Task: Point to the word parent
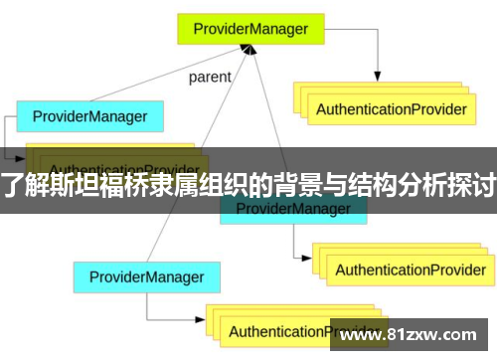point(209,77)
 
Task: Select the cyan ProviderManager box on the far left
point(89,116)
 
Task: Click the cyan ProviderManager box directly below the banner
point(292,209)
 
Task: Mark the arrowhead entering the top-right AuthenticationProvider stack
point(378,77)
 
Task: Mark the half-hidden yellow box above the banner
point(119,158)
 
